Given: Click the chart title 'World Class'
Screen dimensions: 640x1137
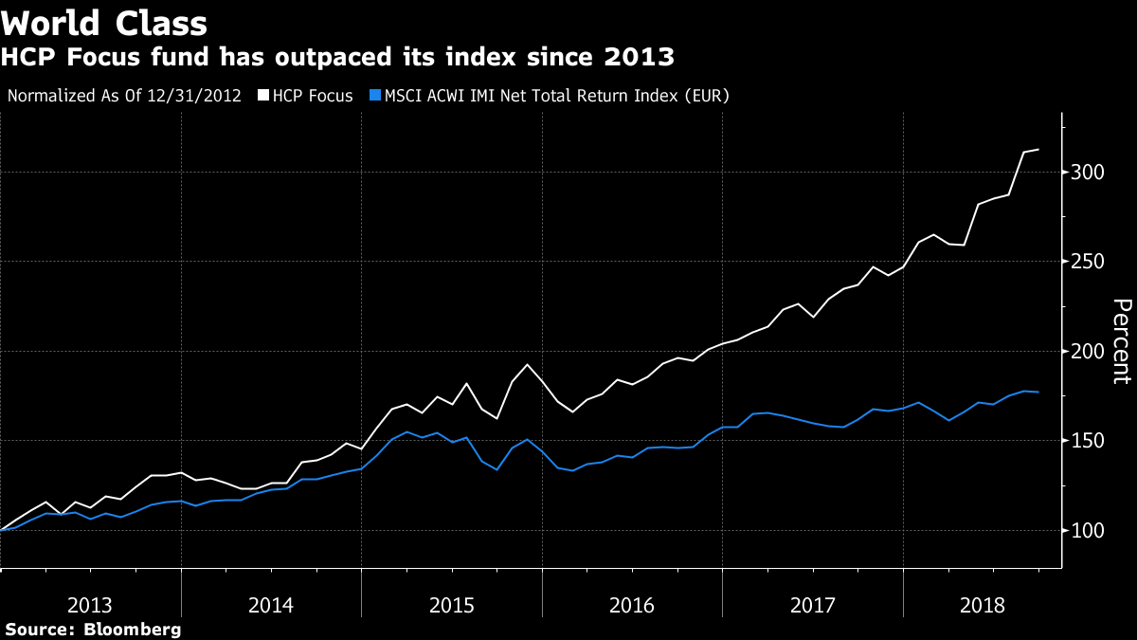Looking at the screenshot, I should click(x=105, y=22).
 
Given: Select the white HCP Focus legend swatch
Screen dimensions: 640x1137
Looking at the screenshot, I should click(x=264, y=96).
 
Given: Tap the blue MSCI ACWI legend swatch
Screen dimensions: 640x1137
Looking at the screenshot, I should click(x=375, y=96).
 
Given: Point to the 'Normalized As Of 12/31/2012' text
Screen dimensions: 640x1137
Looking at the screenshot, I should click(x=124, y=96).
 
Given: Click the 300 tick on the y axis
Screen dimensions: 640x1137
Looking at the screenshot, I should click(x=1086, y=173).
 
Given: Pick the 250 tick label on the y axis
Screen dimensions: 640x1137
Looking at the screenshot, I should click(x=1086, y=262).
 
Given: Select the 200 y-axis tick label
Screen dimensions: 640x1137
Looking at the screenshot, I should click(x=1086, y=352).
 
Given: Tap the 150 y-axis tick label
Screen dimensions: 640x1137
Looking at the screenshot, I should click(x=1086, y=441).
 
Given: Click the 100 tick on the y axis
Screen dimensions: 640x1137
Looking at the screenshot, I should click(x=1086, y=531).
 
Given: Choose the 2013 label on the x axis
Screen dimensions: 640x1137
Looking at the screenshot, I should click(x=91, y=604).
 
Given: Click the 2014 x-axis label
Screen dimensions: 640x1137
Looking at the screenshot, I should click(x=271, y=604).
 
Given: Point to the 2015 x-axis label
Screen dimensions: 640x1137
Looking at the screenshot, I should click(x=452, y=604).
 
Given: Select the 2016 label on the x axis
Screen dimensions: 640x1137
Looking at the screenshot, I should click(x=632, y=604).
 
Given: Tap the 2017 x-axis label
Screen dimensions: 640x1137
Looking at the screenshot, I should click(x=812, y=604).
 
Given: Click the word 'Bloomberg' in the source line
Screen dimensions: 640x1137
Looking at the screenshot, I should click(x=133, y=630).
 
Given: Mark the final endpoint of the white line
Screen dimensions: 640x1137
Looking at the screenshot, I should click(x=1039, y=150).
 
